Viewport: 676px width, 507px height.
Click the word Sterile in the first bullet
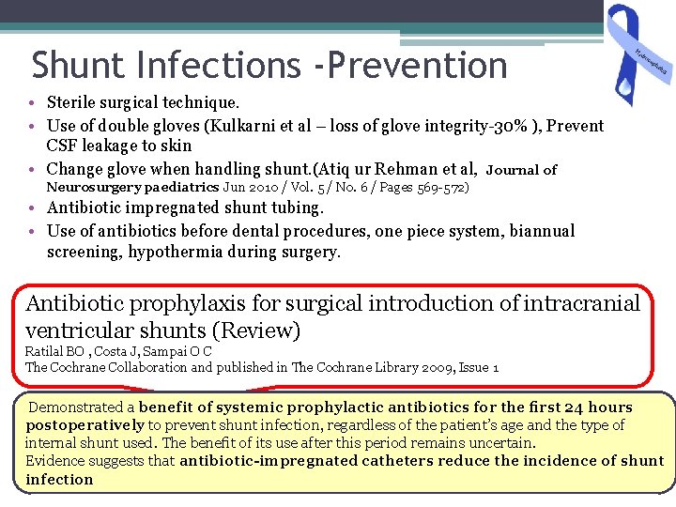(x=74, y=101)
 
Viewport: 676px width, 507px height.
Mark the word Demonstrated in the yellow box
(x=77, y=407)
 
